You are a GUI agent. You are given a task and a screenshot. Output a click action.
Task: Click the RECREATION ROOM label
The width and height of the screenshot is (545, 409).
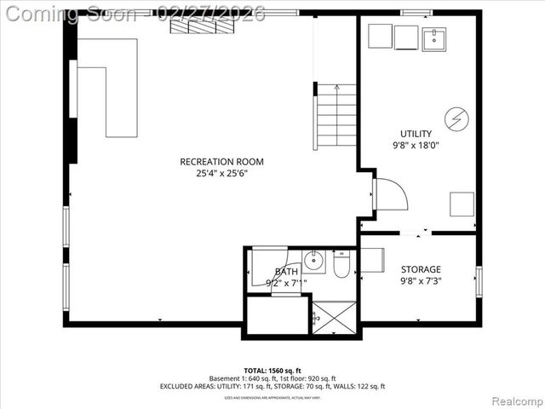click(x=221, y=162)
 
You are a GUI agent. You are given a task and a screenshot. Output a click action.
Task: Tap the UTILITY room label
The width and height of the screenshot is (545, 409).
click(x=416, y=134)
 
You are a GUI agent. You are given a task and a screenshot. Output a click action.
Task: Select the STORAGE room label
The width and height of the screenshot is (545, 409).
click(x=421, y=269)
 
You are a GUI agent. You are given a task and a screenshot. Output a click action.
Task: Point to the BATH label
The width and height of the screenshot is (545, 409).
click(x=286, y=272)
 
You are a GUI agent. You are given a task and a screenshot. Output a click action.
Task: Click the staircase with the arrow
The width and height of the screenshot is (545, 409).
click(x=336, y=116)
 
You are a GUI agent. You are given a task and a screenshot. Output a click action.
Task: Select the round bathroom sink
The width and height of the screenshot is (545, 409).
click(x=314, y=261)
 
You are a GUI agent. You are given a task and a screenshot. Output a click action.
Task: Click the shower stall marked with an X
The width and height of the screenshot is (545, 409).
click(x=333, y=318)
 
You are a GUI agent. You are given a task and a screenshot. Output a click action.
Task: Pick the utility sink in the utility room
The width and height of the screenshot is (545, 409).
click(x=435, y=38)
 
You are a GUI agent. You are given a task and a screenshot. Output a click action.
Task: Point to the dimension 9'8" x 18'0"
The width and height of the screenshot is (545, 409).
click(x=416, y=146)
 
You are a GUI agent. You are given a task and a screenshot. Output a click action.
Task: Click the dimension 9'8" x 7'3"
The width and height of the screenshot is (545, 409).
click(x=421, y=281)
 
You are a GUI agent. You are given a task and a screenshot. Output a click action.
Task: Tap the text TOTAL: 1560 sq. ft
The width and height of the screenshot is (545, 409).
click(x=272, y=372)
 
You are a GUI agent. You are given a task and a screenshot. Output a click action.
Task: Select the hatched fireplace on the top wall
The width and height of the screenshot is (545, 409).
click(x=201, y=26)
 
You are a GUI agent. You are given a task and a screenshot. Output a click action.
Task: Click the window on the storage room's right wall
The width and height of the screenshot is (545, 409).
click(x=479, y=281)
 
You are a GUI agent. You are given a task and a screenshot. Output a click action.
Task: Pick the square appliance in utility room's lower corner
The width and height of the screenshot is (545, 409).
click(x=462, y=204)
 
